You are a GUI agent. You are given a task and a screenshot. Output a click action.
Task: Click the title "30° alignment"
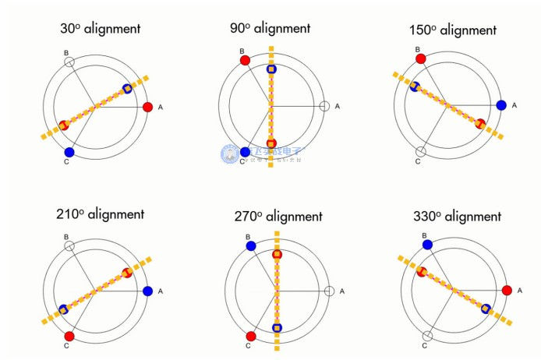point(100,29)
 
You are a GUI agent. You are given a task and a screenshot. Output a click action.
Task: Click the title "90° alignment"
point(270,29)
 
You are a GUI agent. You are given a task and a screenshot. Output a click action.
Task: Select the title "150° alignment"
point(452,30)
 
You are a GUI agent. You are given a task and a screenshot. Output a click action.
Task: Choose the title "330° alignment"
point(454,216)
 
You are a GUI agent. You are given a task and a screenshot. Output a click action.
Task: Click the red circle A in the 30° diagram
point(148,107)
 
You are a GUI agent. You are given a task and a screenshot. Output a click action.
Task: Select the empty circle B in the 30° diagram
point(69,61)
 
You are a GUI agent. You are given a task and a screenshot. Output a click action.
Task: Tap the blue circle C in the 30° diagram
point(69,152)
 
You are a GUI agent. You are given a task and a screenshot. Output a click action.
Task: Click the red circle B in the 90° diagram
point(245,59)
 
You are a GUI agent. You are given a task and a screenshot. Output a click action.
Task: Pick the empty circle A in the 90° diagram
point(324,106)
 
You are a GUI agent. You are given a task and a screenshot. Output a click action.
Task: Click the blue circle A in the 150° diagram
point(501,105)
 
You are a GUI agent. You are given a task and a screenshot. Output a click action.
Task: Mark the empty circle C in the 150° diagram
point(421,151)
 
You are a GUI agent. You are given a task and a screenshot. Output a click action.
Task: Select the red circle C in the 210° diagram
point(69,336)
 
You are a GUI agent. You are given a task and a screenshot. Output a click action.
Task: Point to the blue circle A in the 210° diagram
point(148,291)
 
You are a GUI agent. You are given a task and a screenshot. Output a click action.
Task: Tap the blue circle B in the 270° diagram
point(251,245)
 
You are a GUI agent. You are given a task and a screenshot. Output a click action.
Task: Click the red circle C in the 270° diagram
point(251,337)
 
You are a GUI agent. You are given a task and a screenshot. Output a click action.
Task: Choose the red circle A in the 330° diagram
point(507,291)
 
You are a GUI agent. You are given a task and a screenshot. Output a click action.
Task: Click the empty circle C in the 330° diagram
point(426,337)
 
